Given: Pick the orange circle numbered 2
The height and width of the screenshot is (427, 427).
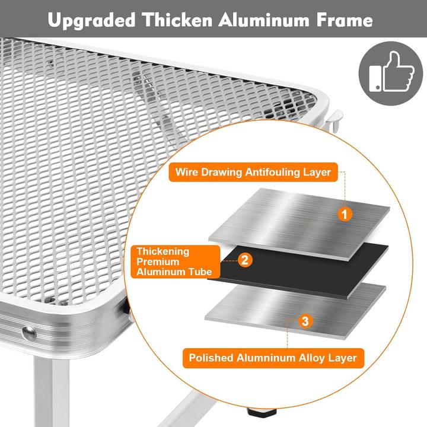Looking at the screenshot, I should pyautogui.click(x=244, y=259).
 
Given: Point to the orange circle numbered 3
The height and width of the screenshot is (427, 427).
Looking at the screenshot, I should pyautogui.click(x=305, y=322).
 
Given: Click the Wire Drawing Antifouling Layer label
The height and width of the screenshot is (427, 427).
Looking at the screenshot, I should pyautogui.click(x=253, y=173).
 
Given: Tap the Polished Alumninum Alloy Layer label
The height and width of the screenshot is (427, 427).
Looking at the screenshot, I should pyautogui.click(x=272, y=358).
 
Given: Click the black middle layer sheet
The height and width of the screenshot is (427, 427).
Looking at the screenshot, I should pyautogui.click(x=297, y=270).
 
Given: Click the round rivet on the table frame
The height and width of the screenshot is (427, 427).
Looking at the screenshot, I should pyautogui.click(x=28, y=333).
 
